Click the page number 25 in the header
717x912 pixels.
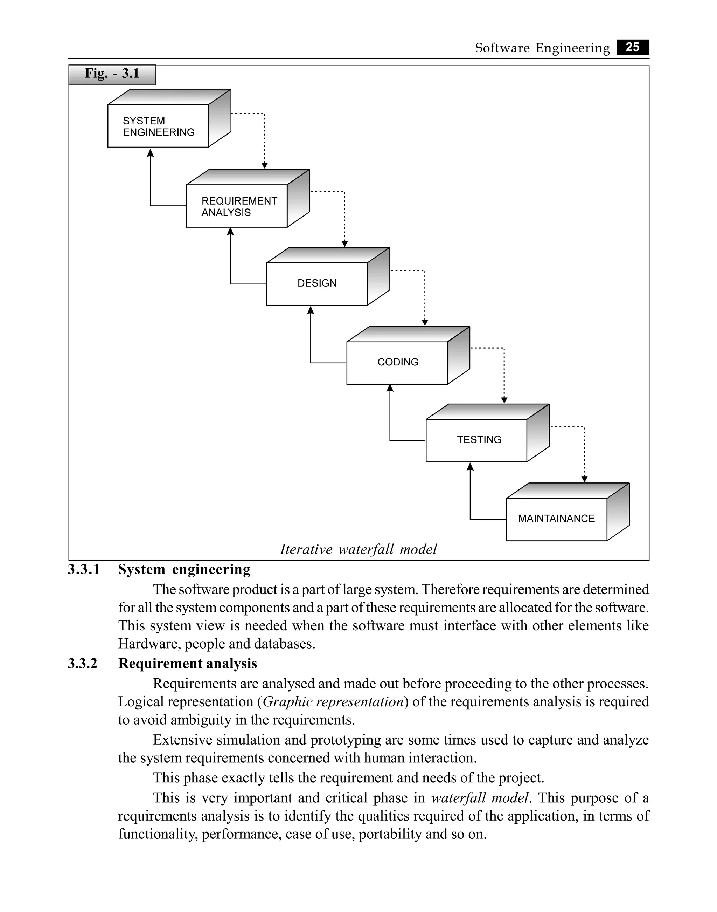(632, 47)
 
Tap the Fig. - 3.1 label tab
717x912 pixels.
(112, 74)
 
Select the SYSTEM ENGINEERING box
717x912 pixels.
(158, 126)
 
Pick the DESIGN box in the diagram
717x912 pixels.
(317, 283)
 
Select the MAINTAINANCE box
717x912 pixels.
(556, 519)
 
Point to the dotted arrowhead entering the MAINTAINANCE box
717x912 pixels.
(584, 479)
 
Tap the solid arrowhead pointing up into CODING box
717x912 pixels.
(390, 388)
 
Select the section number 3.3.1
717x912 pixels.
(84, 570)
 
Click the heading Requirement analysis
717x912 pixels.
(188, 664)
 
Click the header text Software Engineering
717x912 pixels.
(542, 48)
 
